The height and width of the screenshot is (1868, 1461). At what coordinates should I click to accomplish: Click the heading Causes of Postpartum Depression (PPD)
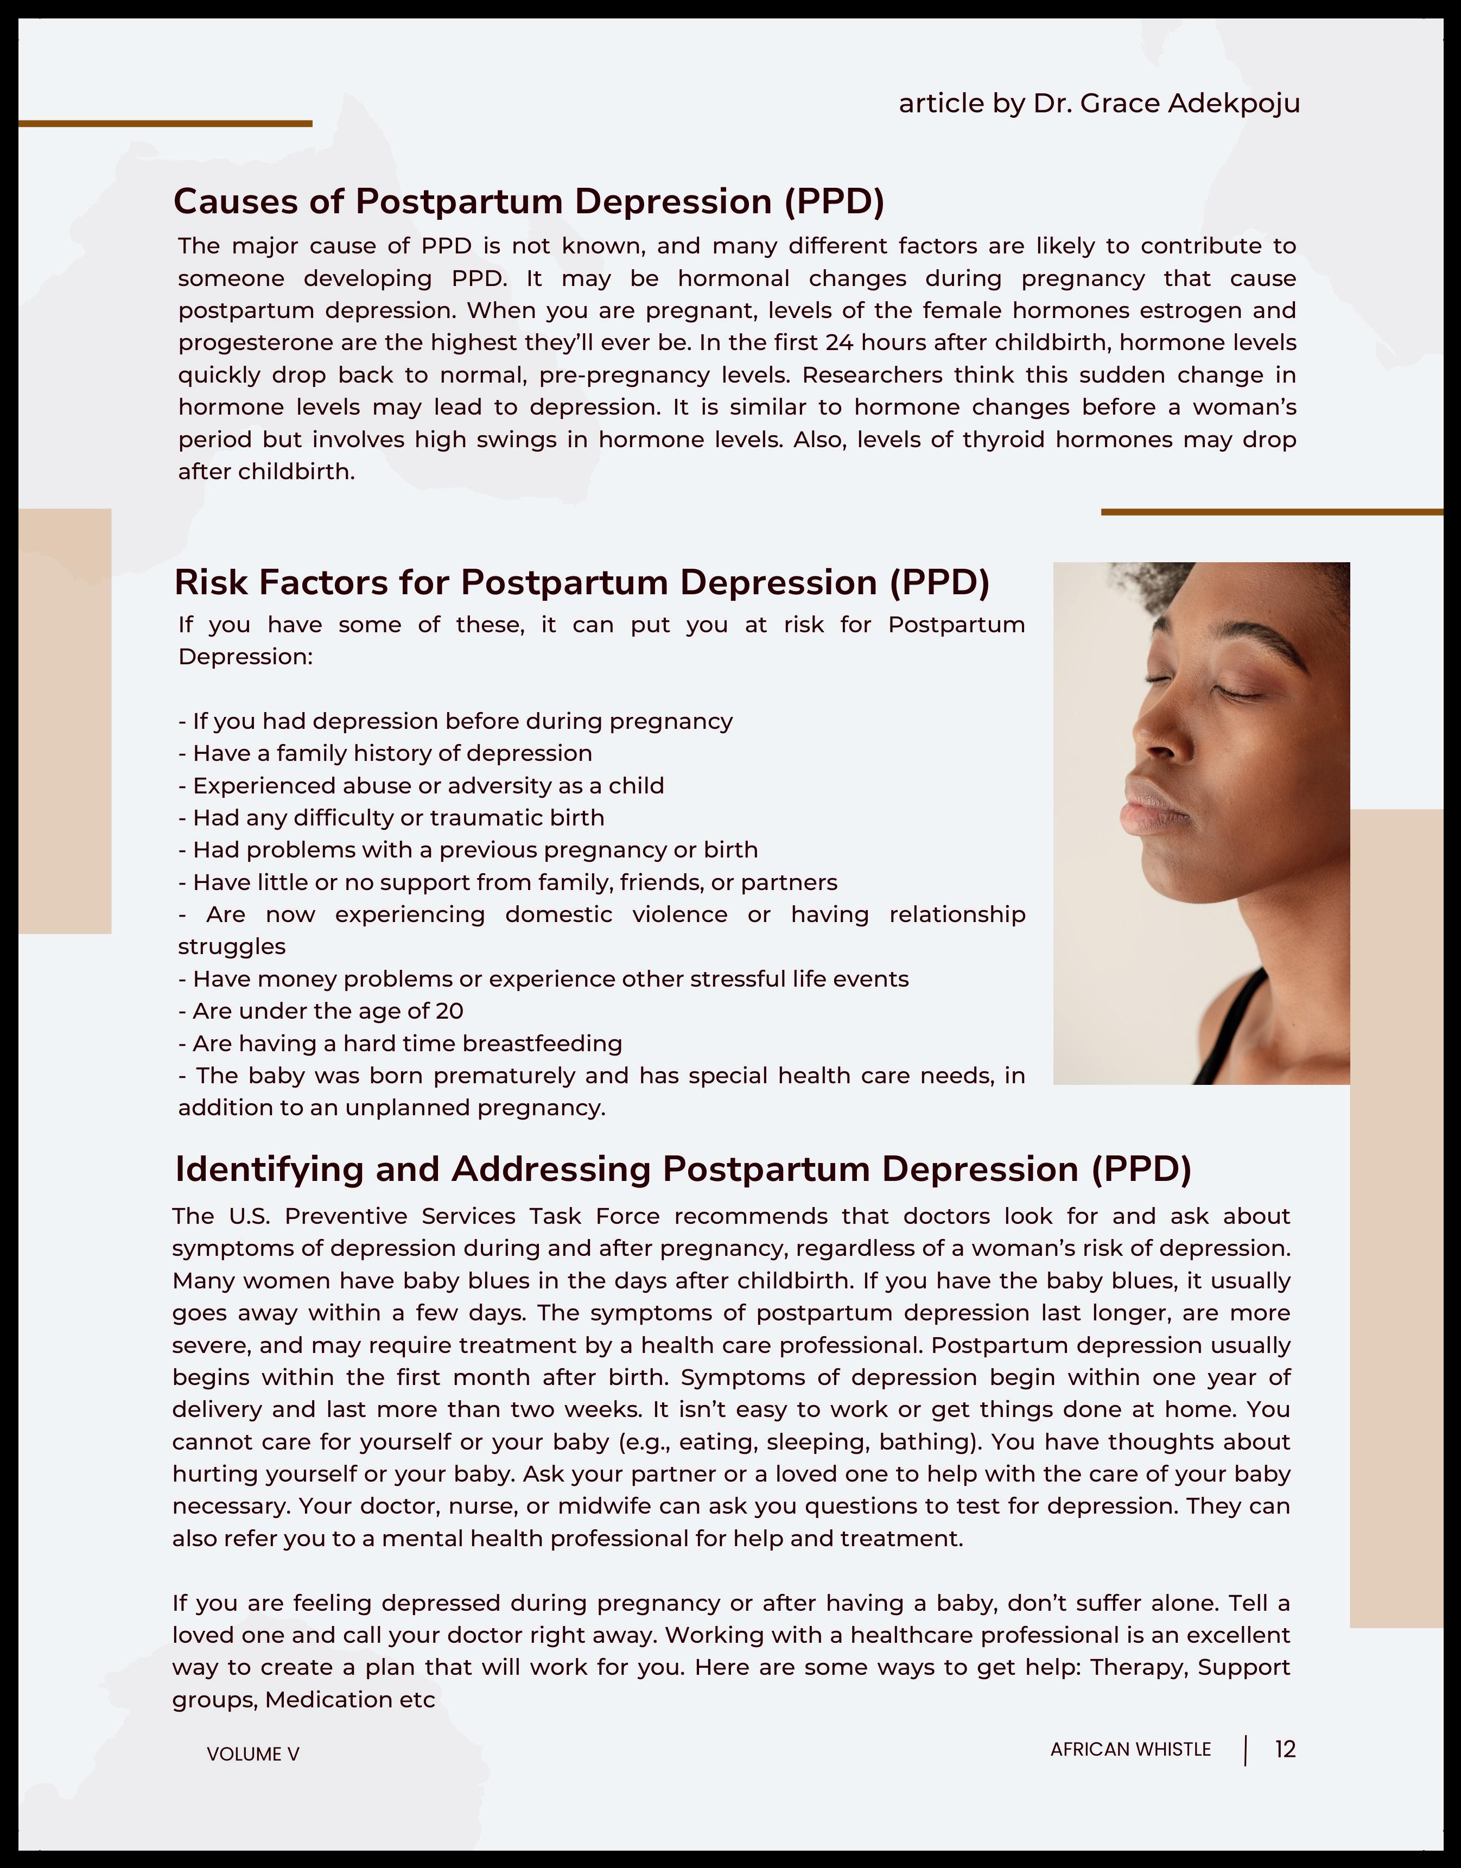point(529,202)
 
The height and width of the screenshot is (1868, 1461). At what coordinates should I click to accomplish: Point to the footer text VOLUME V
point(253,1754)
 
